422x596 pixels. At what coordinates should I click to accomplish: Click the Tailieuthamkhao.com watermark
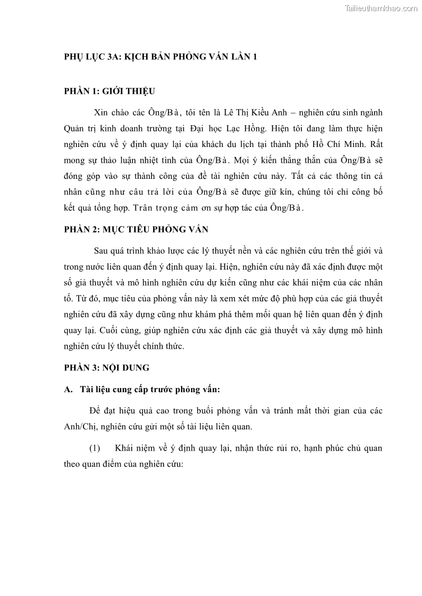point(381,8)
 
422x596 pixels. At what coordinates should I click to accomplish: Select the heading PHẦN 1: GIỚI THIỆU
point(109,91)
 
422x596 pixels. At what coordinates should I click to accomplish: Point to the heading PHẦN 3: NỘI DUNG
point(107,367)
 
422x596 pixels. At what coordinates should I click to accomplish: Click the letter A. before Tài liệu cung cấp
point(68,390)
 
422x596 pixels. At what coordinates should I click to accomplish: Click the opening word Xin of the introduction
point(100,113)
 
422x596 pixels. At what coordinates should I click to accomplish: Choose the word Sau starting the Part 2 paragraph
point(100,251)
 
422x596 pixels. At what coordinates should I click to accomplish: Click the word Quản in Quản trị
point(75,129)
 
